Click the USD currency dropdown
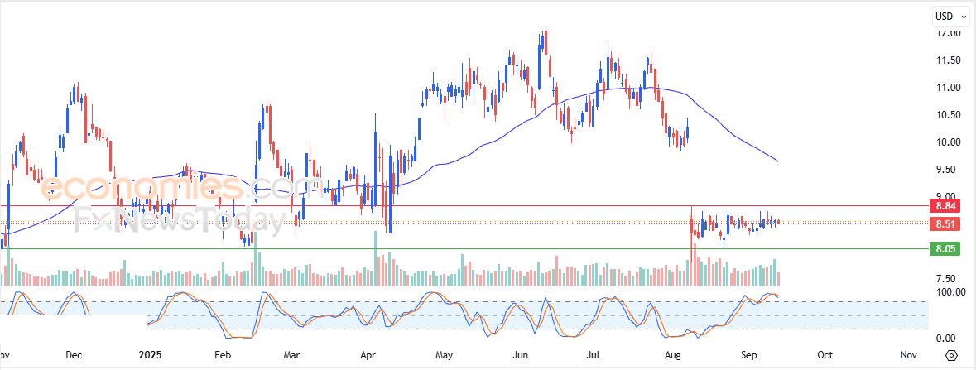click(948, 16)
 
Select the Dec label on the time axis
click(73, 355)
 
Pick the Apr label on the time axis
click(368, 355)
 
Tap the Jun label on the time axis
click(521, 355)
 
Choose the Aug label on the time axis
click(671, 355)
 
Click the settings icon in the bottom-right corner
click(951, 355)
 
